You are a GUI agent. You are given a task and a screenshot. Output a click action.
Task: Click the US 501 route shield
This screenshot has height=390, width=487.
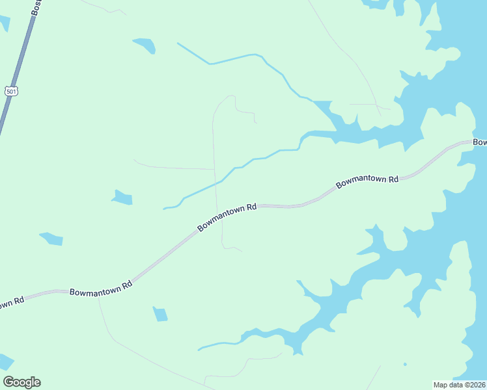pyautogui.click(x=10, y=91)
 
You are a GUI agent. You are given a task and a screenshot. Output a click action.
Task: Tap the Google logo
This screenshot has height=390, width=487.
pyautogui.click(x=21, y=382)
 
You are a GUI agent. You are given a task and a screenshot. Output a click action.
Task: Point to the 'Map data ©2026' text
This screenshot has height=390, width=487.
pyautogui.click(x=460, y=384)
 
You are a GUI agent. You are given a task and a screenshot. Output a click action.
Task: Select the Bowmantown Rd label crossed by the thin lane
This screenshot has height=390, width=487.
pyautogui.click(x=227, y=217)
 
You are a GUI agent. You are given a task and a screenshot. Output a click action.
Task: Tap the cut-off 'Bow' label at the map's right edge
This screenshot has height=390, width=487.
pyautogui.click(x=479, y=142)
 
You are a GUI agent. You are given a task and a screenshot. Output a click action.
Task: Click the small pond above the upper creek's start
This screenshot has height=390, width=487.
pyautogui.click(x=145, y=45)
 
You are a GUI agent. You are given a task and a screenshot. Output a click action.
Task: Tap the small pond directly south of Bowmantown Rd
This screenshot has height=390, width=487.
pyautogui.click(x=160, y=314)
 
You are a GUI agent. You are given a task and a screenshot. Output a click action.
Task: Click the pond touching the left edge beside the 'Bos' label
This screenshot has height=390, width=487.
pyautogui.click(x=4, y=23)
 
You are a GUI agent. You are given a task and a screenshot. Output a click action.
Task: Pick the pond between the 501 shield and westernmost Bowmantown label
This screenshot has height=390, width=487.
pyautogui.click(x=51, y=239)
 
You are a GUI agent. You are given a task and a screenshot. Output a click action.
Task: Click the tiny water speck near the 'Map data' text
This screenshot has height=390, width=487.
pyautogui.click(x=404, y=365)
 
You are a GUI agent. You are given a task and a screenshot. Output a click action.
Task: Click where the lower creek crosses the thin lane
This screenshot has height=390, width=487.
pyautogui.click(x=216, y=183)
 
